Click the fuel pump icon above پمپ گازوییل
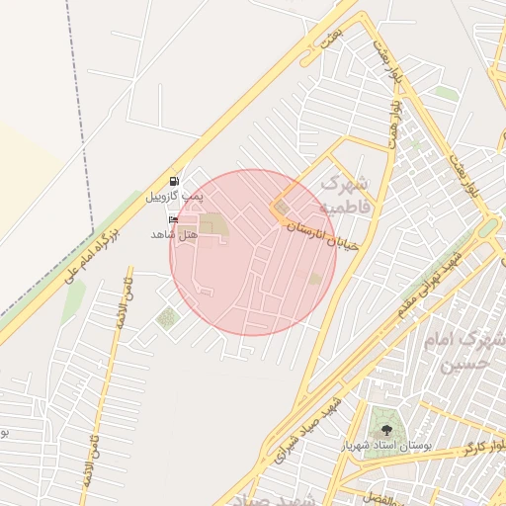click(175, 181)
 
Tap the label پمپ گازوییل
click(174, 197)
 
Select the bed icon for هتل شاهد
click(174, 219)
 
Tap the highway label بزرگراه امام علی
click(91, 255)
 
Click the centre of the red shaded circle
click(253, 252)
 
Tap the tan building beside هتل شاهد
click(211, 225)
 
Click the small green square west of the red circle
click(166, 317)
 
